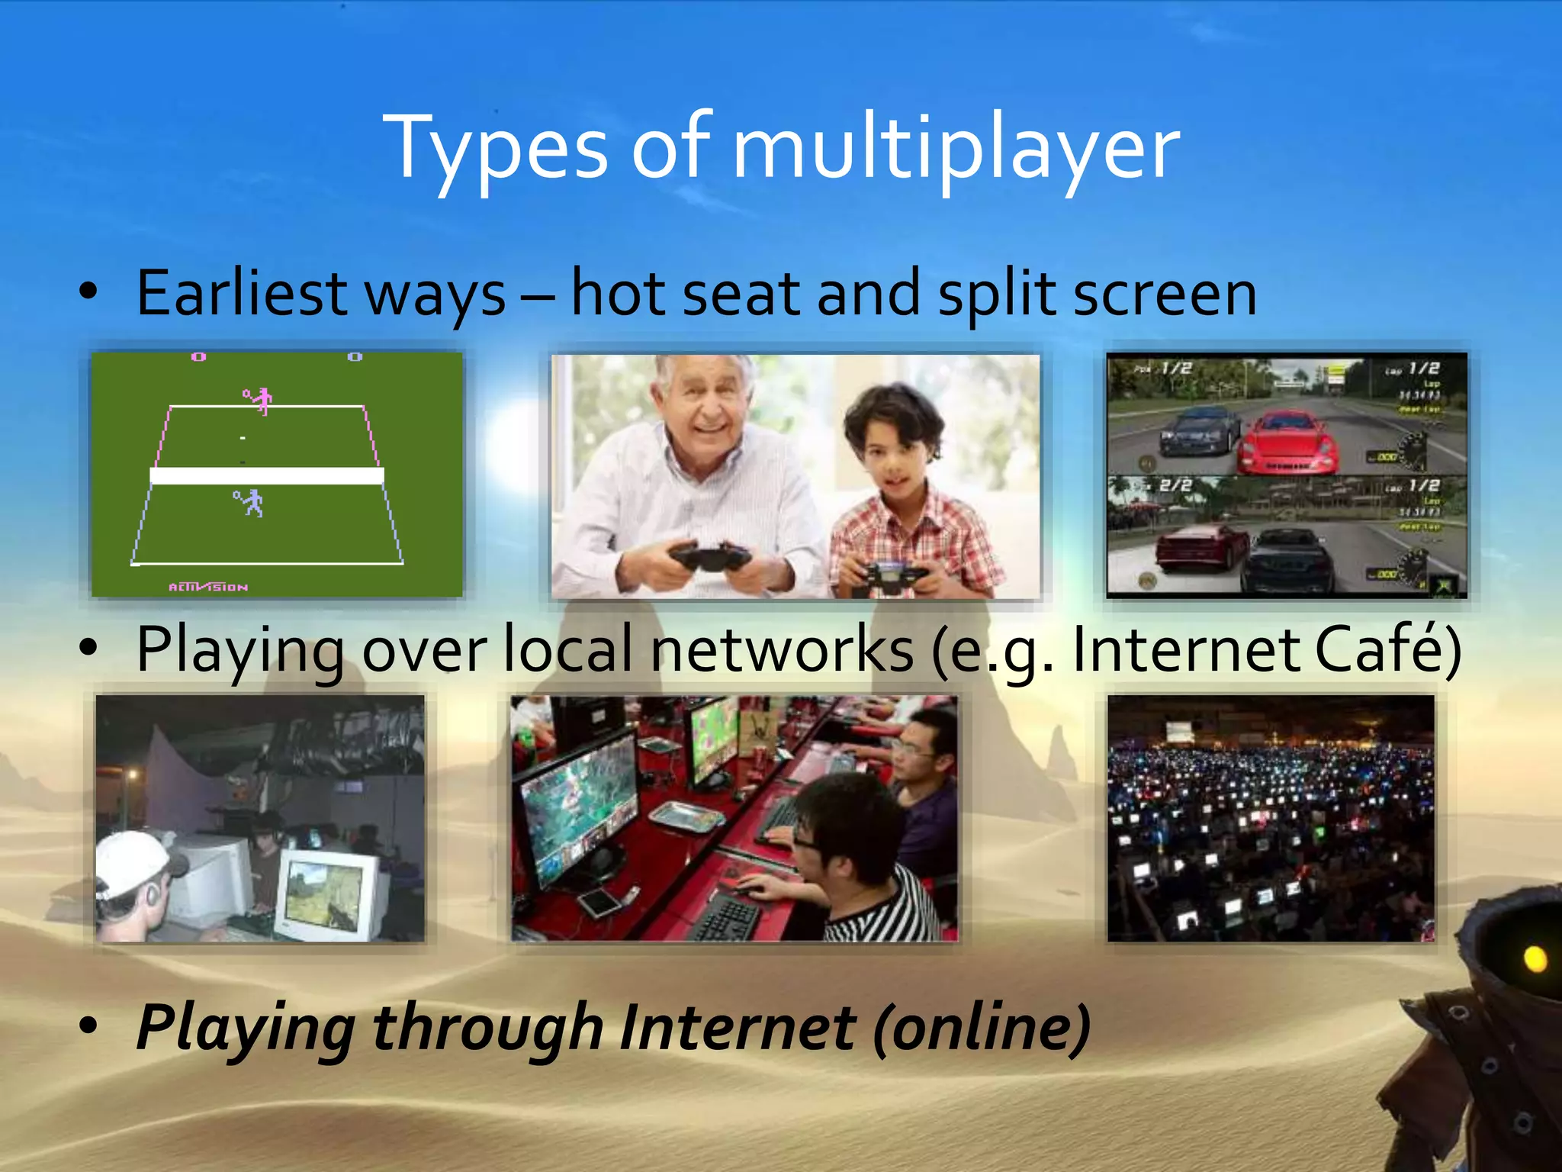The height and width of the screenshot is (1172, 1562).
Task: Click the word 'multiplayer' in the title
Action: tap(955, 149)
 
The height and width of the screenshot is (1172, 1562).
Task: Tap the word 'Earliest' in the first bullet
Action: tap(242, 294)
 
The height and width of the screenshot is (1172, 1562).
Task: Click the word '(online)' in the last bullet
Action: tap(982, 1028)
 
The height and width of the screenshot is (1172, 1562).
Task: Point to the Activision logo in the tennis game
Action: tap(208, 587)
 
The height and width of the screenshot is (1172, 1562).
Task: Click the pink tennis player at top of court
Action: tap(260, 400)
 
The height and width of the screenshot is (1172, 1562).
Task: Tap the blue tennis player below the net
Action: tap(249, 503)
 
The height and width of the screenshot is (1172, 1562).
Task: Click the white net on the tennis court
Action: tap(267, 476)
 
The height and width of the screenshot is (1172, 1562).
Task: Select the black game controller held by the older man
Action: tap(709, 558)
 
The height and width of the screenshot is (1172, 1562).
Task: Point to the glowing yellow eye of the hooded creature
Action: tap(1535, 958)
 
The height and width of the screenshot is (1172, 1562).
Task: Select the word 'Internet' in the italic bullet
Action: tap(738, 1028)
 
